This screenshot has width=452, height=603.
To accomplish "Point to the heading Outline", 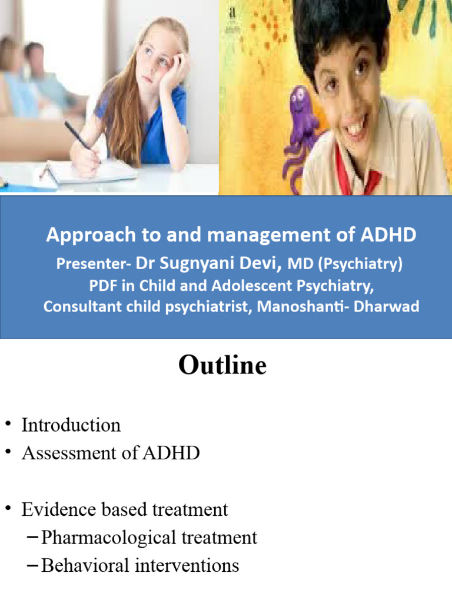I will (x=222, y=366).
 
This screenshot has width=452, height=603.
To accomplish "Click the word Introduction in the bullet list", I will (x=71, y=425).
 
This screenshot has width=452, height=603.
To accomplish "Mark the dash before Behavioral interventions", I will (x=33, y=566).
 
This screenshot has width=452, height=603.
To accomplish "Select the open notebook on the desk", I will (x=94, y=172).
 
